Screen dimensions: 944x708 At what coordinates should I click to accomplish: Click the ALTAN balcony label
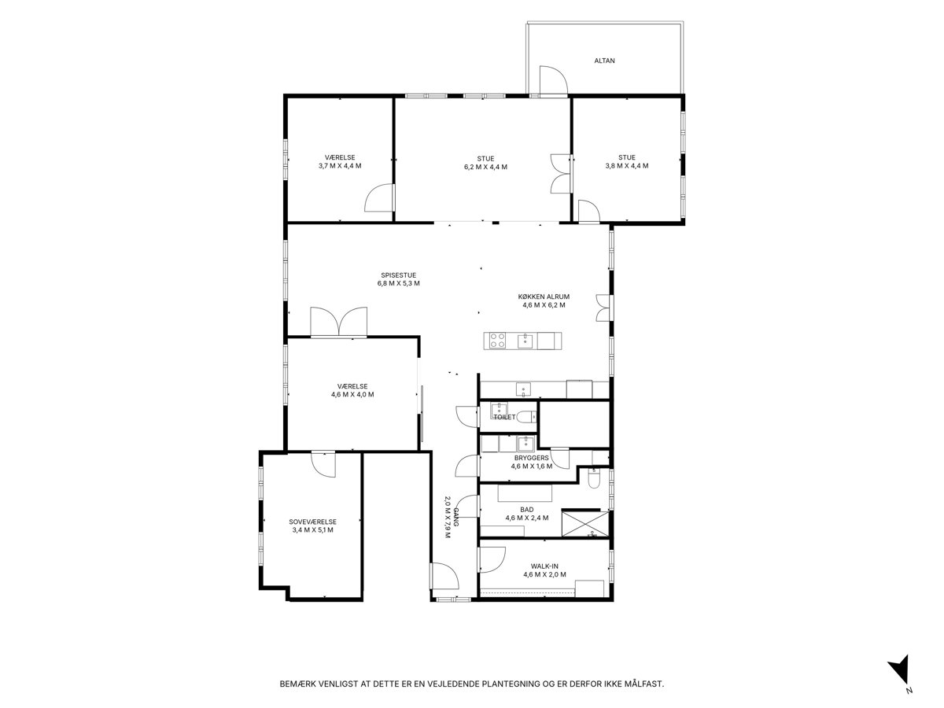(x=604, y=61)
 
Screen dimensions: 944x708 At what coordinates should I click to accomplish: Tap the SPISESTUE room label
(x=398, y=275)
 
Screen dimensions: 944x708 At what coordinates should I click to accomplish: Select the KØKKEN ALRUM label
(x=544, y=297)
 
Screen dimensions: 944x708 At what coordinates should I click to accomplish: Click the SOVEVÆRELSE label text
(x=312, y=522)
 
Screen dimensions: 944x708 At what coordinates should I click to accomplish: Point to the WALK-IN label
(x=544, y=566)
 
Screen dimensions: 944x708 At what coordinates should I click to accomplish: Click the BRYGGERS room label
(x=531, y=458)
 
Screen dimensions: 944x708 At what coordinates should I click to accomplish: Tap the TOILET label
(x=504, y=417)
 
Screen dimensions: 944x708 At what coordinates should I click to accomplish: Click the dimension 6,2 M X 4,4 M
(x=485, y=167)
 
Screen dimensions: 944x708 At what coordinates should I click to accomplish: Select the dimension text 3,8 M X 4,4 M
(x=627, y=165)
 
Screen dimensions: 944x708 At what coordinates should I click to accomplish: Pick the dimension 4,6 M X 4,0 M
(x=352, y=394)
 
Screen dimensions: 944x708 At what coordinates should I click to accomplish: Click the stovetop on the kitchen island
(x=498, y=341)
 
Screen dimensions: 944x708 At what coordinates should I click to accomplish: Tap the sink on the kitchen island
(x=525, y=341)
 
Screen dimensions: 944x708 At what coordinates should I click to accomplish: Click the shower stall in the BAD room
(x=585, y=522)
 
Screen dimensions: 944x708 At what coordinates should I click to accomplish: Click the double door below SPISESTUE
(x=338, y=322)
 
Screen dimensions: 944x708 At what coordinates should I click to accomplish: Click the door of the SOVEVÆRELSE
(x=323, y=464)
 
